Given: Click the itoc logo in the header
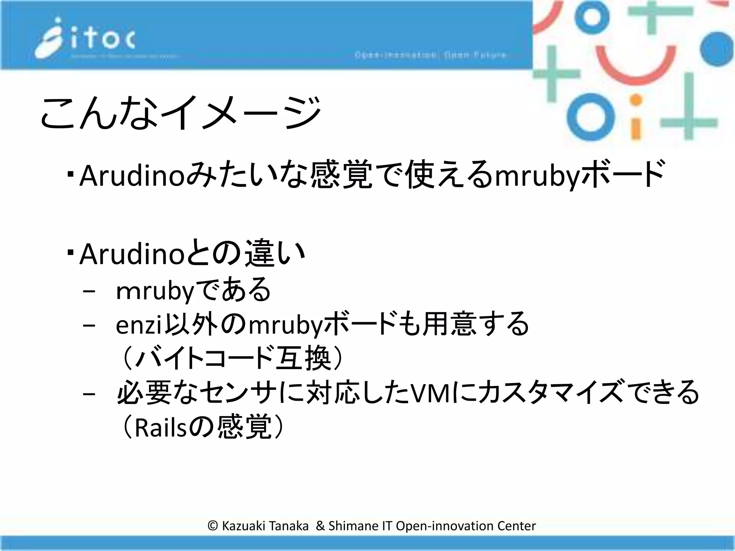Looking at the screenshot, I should click(85, 39).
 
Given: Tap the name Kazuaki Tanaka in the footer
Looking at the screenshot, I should click(265, 526).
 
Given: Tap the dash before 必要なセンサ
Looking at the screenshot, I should click(89, 394).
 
